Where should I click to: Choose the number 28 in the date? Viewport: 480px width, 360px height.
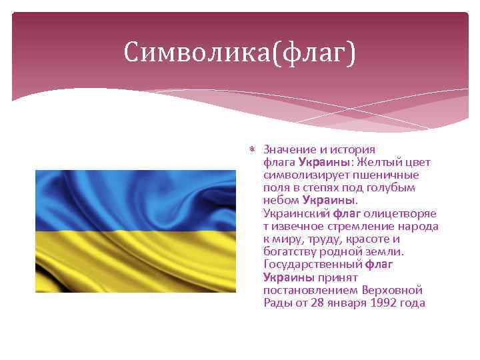(x=323, y=303)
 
